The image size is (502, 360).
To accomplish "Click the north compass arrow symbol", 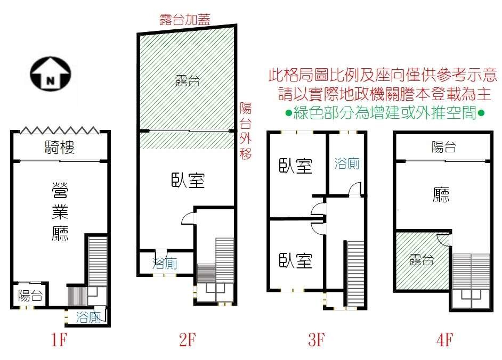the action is [51, 74].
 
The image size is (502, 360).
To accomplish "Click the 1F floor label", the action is [59, 340].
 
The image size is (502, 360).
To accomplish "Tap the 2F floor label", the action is [187, 340].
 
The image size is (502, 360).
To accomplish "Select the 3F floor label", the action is [317, 340].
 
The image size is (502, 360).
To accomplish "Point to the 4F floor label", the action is [444, 340].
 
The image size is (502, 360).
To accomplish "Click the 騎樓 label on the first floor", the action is [60, 148].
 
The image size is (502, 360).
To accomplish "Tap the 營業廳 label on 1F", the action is [60, 211].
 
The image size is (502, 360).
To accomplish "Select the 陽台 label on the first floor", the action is [30, 296].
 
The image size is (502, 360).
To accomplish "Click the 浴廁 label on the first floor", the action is [88, 317].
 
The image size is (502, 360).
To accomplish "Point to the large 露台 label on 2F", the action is [188, 80].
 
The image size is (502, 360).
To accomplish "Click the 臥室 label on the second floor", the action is [188, 180].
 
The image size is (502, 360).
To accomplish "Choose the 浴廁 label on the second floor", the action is [165, 264].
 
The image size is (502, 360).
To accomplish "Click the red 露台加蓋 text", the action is [185, 19].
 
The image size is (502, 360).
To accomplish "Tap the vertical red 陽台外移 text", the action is [246, 131].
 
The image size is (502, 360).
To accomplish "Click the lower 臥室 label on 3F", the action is [296, 260].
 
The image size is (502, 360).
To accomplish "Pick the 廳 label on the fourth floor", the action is [441, 195].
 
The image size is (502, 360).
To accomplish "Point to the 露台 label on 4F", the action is [422, 260].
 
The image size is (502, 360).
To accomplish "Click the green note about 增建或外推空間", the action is [385, 113].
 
